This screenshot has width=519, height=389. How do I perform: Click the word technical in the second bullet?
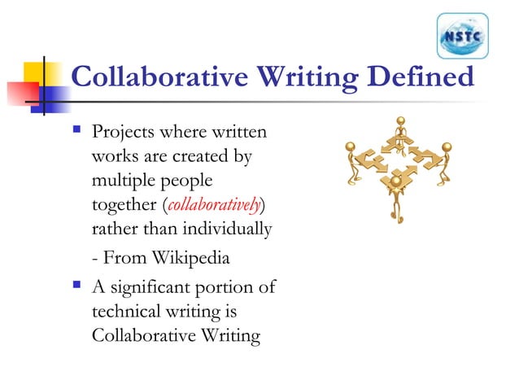coord(127,312)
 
